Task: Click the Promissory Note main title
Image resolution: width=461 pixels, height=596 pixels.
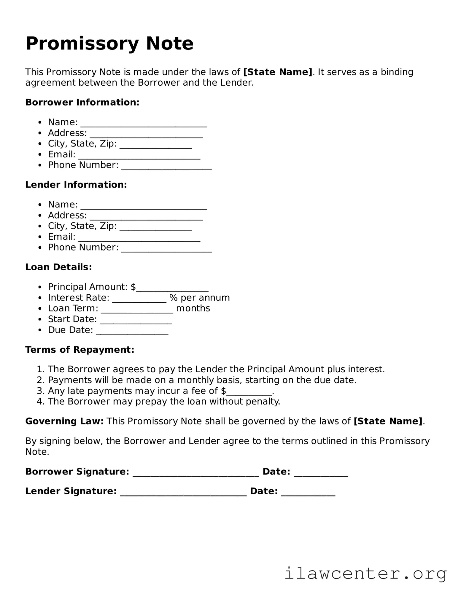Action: pyautogui.click(x=109, y=44)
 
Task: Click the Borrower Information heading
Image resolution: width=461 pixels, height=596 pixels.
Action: pyautogui.click(x=82, y=102)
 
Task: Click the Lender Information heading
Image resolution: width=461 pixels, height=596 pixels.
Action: pyautogui.click(x=76, y=185)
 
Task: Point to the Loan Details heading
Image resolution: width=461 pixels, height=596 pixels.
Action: pyautogui.click(x=58, y=267)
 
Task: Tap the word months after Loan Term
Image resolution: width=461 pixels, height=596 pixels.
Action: pyautogui.click(x=193, y=308)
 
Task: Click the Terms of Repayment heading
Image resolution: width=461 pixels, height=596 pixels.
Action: pyautogui.click(x=80, y=350)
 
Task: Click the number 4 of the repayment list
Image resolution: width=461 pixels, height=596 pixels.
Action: pyautogui.click(x=40, y=402)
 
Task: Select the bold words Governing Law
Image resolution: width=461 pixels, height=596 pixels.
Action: pyautogui.click(x=64, y=421)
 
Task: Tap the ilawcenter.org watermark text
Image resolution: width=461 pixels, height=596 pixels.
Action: pyautogui.click(x=365, y=573)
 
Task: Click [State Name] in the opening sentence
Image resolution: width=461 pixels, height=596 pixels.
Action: pyautogui.click(x=278, y=72)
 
